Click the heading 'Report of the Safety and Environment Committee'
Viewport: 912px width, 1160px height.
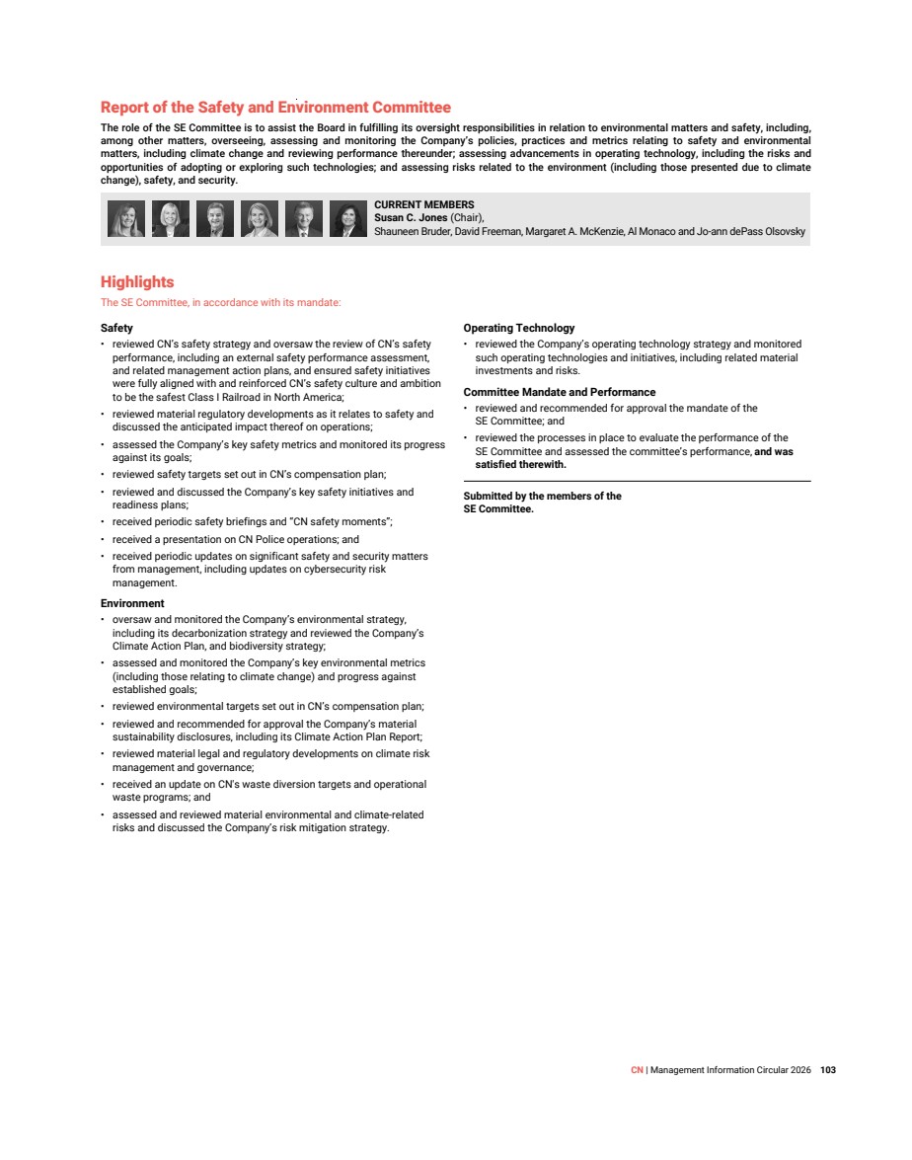(275, 108)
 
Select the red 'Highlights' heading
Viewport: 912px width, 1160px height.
(137, 282)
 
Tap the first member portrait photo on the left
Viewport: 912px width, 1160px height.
(126, 219)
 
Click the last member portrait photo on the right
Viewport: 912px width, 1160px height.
(348, 219)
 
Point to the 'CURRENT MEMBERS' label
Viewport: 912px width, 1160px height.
(423, 205)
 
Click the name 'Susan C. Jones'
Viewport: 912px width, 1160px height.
(411, 217)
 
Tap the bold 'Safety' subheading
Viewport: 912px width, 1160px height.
(116, 328)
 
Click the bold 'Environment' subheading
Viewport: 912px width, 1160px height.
(132, 603)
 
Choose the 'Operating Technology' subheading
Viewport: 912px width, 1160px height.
(518, 328)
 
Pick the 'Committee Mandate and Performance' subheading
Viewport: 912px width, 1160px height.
(559, 392)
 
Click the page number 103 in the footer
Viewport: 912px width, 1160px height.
(828, 1070)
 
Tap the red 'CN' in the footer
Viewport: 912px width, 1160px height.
(637, 1070)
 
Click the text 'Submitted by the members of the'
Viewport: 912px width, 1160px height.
(542, 497)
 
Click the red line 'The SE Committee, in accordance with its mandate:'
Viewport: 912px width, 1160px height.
(220, 303)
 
